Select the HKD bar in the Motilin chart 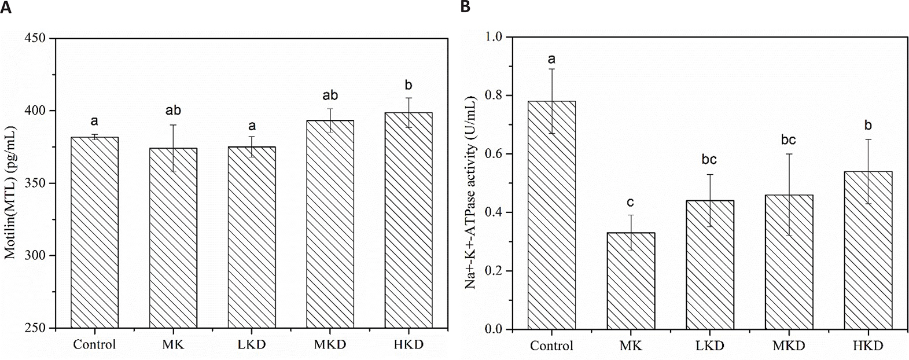pyautogui.click(x=409, y=221)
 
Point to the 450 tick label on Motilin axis pyautogui.click(x=35, y=39)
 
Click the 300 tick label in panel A pyautogui.click(x=35, y=256)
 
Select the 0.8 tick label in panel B pyautogui.click(x=496, y=95)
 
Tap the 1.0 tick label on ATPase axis pyautogui.click(x=496, y=37)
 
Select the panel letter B pyautogui.click(x=464, y=6)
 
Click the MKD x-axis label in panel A pyautogui.click(x=330, y=345)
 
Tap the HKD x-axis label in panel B pyautogui.click(x=867, y=346)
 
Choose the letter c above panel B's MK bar pyautogui.click(x=630, y=202)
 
